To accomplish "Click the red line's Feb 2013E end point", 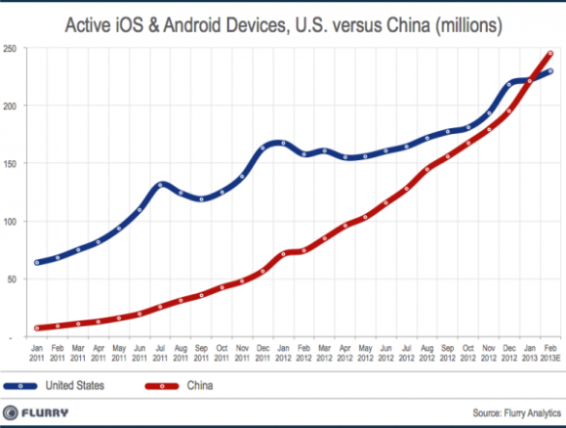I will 550,54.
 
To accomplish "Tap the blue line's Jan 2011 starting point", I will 38,262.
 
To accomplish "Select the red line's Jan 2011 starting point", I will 38,328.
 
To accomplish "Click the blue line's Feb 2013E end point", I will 550,70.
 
